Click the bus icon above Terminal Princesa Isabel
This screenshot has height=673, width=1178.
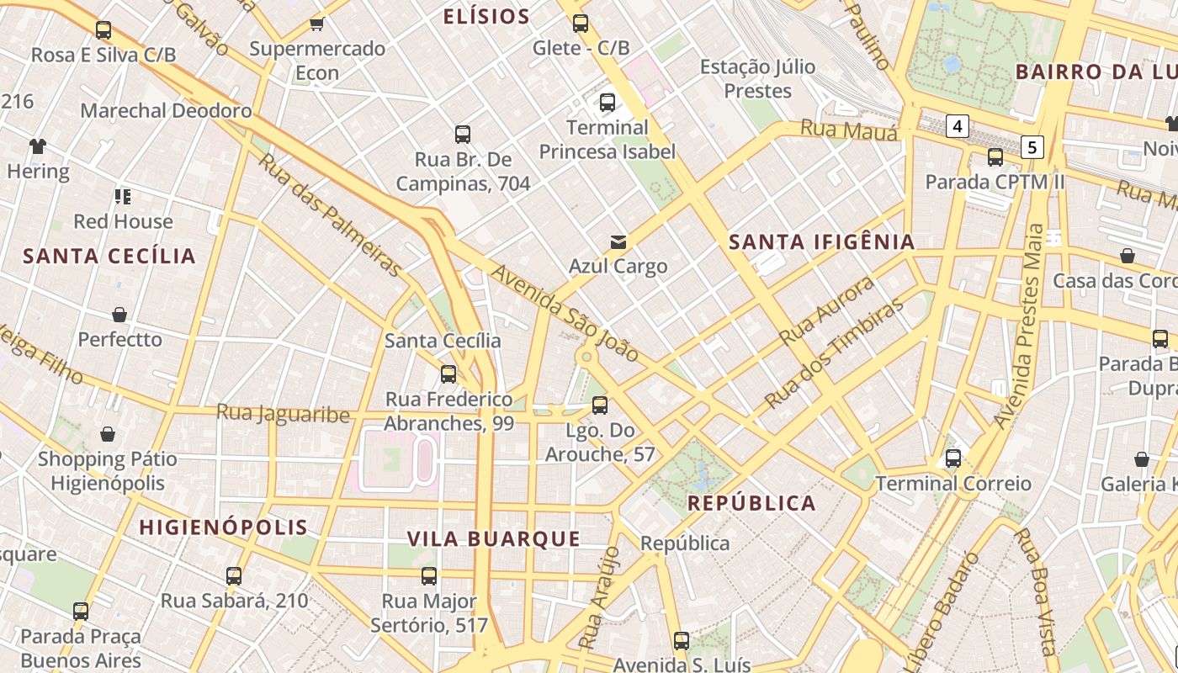[x=607, y=103]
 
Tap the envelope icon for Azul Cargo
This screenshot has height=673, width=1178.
[x=618, y=242]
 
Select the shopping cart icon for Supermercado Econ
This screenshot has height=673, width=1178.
[x=317, y=24]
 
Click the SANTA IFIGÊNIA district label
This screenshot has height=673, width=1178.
[x=821, y=242]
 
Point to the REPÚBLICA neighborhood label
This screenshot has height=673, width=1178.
[x=751, y=503]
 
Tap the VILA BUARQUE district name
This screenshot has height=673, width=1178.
[x=494, y=539]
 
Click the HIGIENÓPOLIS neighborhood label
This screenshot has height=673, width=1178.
[x=223, y=527]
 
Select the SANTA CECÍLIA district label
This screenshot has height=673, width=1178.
[x=109, y=256]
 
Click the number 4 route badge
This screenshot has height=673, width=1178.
[x=957, y=127]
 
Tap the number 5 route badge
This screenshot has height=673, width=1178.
[x=1032, y=148]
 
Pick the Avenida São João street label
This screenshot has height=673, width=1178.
[x=565, y=313]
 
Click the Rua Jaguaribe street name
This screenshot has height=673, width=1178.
[x=283, y=413]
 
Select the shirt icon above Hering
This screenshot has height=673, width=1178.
[x=38, y=146]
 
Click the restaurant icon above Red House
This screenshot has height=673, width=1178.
[x=123, y=197]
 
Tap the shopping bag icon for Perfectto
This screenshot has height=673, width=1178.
[x=119, y=315]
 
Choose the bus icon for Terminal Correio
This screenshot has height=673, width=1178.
[x=952, y=458]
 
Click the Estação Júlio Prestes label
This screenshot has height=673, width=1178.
[x=746, y=78]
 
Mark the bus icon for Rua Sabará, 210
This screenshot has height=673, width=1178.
[x=234, y=576]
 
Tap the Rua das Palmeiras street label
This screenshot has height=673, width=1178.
[x=329, y=214]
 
